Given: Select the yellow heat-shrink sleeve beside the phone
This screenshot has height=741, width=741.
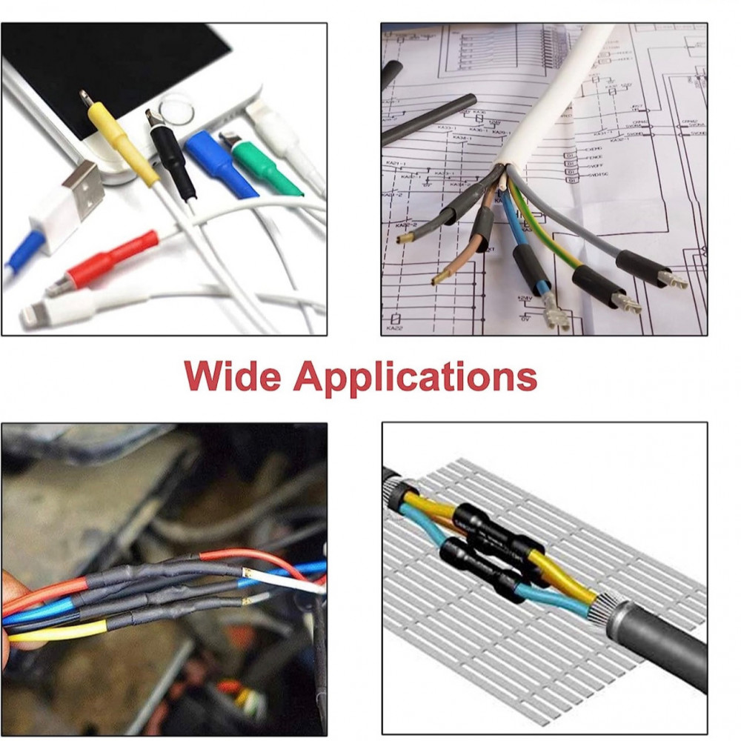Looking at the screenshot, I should coord(122,144).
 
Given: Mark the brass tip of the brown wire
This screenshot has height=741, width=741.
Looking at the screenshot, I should coord(440,279).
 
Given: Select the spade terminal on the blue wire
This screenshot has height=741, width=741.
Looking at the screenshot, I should coord(555,311).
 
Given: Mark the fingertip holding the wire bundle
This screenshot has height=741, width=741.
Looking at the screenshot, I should coord(9,593).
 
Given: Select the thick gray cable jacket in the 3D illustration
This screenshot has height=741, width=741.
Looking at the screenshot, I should coord(659,645).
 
